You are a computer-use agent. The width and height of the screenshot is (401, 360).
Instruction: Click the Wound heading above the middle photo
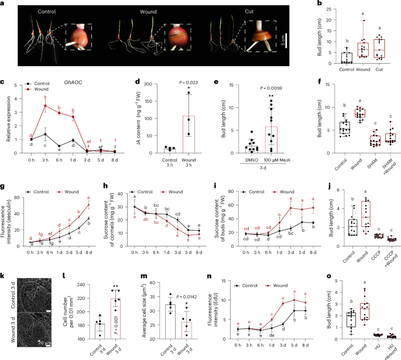136,11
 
